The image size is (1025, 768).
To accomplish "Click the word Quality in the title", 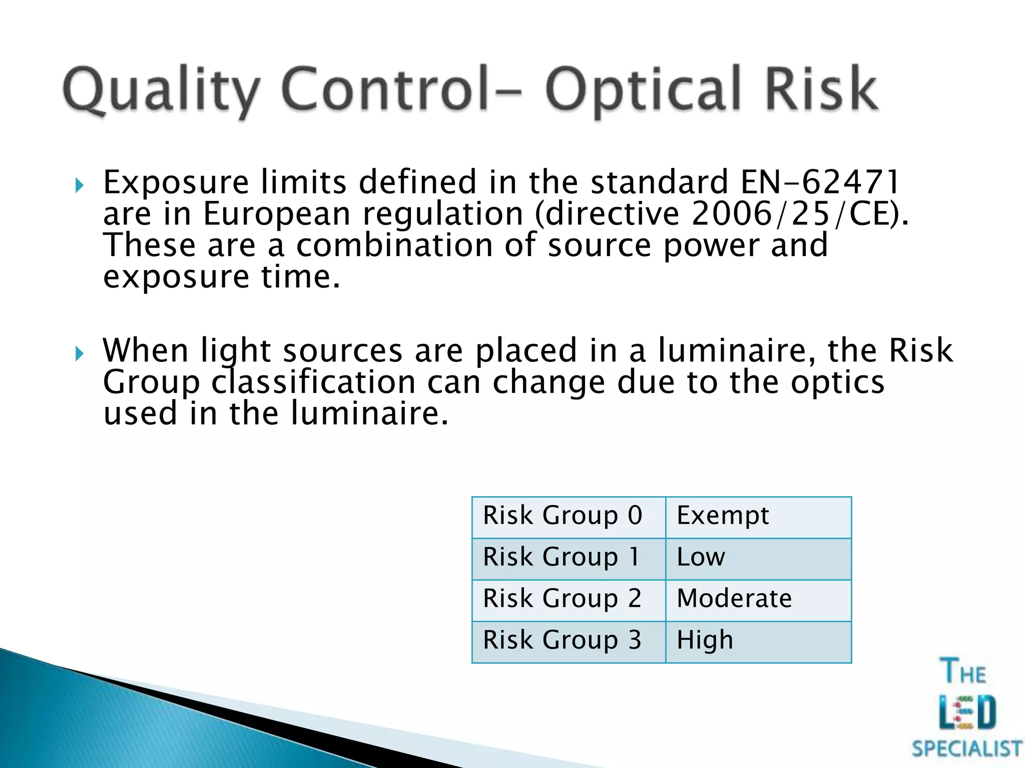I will click(x=160, y=90).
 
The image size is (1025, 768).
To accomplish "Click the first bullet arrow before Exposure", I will click(x=79, y=186).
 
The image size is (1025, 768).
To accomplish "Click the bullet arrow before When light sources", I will click(x=79, y=354).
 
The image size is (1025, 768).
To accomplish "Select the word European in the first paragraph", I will click(x=276, y=214).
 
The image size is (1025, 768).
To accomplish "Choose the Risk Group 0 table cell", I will click(x=568, y=516).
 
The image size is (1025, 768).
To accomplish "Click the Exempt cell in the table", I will click(x=758, y=516).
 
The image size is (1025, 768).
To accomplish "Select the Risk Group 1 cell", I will click(x=568, y=558).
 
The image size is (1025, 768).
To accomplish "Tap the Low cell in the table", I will click(x=758, y=558).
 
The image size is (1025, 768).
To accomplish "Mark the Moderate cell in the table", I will click(x=758, y=599).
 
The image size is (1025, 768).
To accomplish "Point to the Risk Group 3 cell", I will click(x=568, y=641).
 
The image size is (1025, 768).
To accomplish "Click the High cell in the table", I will click(x=758, y=641).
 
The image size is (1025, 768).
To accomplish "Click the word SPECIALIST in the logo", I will click(x=966, y=749).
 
